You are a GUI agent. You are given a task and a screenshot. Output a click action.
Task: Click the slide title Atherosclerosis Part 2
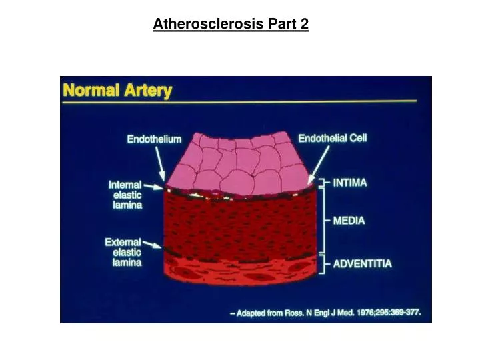[x=231, y=25]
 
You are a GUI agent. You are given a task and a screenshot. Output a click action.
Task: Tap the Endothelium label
[x=154, y=139]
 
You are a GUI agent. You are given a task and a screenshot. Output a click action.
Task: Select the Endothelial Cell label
[x=332, y=139]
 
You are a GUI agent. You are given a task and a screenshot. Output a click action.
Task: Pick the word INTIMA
[x=350, y=183]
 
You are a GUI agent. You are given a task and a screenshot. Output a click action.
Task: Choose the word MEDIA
[x=349, y=221]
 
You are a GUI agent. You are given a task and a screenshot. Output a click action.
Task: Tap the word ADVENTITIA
[x=362, y=263]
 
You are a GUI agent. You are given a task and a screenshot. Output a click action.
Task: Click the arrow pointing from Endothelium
[x=161, y=162]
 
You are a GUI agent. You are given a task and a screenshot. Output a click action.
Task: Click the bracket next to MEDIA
[x=324, y=221]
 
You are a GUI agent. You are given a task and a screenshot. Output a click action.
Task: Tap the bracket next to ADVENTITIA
[x=324, y=263]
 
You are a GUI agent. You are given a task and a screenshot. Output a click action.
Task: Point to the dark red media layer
[x=240, y=223]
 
